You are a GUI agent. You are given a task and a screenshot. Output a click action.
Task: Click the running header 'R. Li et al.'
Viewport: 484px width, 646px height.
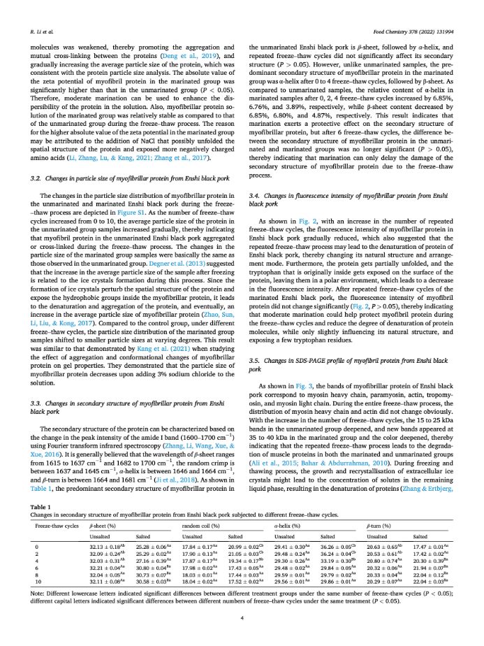43,31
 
